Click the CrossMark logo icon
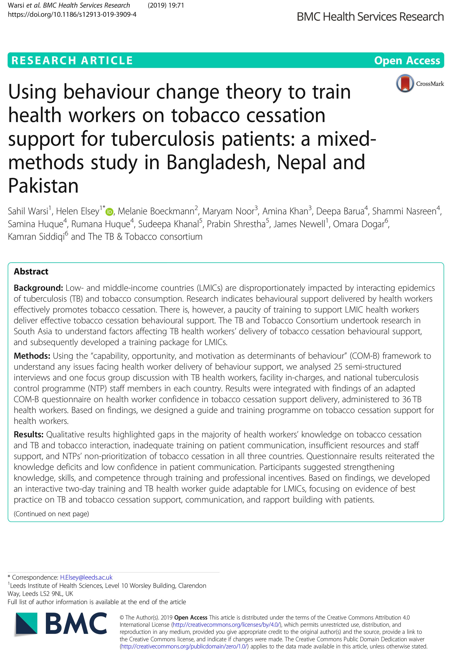(x=405, y=83)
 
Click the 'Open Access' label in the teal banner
(x=407, y=60)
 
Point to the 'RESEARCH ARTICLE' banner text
(x=72, y=60)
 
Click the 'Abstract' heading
(x=31, y=271)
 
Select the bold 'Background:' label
(x=38, y=288)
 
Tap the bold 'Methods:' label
(x=32, y=356)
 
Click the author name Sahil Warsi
(x=28, y=211)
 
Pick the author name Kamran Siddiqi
(x=36, y=237)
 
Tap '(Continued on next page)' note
(x=51, y=514)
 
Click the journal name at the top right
(x=370, y=17)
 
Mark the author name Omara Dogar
(x=358, y=224)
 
